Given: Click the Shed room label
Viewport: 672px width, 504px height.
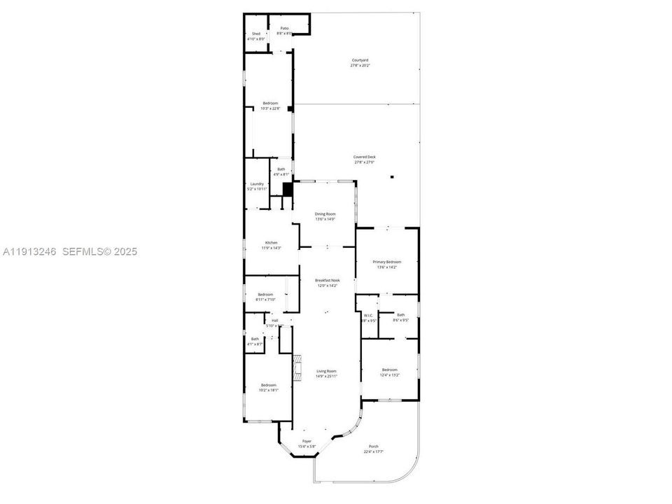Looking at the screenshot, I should click(255, 36).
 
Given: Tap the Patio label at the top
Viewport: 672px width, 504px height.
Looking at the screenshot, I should click(284, 31).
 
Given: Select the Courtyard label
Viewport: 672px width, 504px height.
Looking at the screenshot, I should click(360, 63).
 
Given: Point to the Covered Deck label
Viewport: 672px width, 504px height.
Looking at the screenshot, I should click(365, 160).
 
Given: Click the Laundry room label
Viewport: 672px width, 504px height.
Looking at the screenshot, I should click(257, 186).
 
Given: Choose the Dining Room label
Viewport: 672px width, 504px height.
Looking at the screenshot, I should click(325, 216).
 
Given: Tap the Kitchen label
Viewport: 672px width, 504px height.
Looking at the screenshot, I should click(271, 245).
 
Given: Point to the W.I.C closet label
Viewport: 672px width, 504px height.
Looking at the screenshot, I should click(369, 318).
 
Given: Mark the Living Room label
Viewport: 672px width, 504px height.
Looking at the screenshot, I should click(326, 373).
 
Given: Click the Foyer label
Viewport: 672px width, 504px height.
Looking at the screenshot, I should click(307, 444).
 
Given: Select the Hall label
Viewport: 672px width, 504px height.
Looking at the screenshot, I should click(274, 323).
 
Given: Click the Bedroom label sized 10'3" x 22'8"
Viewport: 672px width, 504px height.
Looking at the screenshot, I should click(270, 106).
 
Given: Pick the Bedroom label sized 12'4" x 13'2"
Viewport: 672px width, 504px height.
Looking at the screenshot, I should click(390, 372).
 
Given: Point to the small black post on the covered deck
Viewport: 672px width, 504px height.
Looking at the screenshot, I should click(393, 177).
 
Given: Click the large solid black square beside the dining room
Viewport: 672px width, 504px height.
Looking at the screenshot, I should click(288, 189).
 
